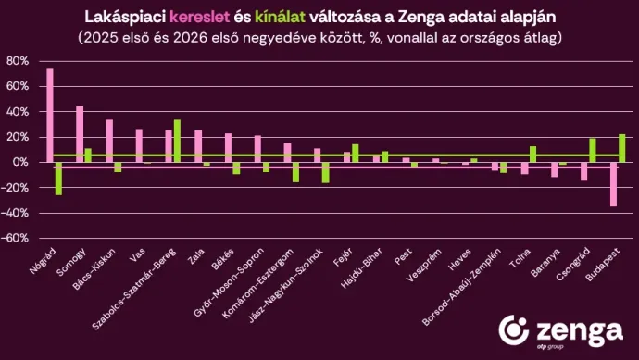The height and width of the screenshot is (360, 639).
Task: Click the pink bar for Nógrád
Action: click(x=50, y=116)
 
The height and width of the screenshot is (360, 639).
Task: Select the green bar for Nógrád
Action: click(x=58, y=178)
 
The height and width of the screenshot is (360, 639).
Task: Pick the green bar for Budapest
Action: click(x=621, y=148)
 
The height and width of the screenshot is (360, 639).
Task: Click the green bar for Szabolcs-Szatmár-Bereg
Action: click(x=177, y=141)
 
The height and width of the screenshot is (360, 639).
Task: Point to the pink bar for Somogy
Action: click(x=80, y=134)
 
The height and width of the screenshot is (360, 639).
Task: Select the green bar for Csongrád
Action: click(x=592, y=150)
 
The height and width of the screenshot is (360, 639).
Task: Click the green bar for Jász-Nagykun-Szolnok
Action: click(x=325, y=172)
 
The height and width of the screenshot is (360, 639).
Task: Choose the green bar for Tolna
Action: click(x=532, y=154)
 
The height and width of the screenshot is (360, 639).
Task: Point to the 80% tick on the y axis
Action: click(x=18, y=61)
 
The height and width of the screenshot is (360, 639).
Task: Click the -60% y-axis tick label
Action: click(x=16, y=238)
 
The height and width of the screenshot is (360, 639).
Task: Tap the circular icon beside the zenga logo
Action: click(x=515, y=330)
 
